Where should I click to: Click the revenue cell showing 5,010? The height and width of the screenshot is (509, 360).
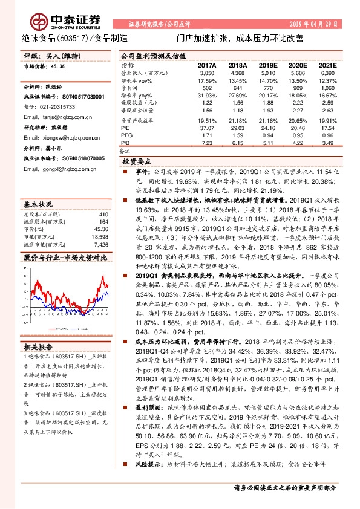267,73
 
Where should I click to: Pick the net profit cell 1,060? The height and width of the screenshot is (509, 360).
327,88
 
